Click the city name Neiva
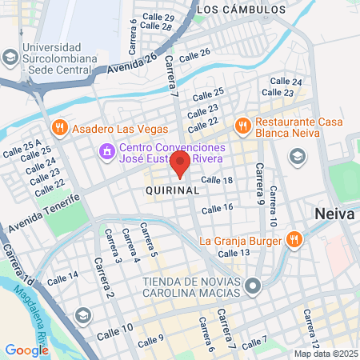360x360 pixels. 331,214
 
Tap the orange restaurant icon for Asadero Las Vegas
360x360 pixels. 59,128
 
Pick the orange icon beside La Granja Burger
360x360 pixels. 294,240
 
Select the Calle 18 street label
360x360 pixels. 216,181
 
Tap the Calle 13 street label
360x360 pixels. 234,253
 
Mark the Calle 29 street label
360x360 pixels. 158,17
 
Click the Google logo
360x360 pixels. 26,350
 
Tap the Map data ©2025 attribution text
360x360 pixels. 326,354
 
